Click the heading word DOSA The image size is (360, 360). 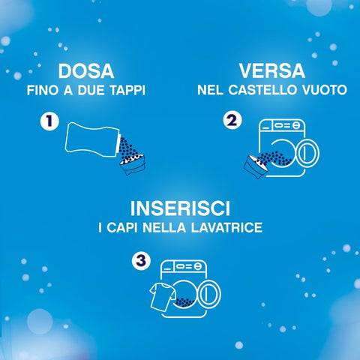(86, 71)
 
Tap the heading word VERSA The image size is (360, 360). (272, 71)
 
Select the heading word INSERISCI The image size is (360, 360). (180, 208)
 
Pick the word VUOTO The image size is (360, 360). (325, 90)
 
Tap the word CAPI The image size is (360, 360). (122, 227)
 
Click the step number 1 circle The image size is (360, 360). (49, 121)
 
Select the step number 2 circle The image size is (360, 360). (232, 121)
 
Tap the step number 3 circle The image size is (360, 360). (141, 261)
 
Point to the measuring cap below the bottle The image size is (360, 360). (133, 164)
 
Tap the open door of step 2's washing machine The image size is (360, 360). (307, 153)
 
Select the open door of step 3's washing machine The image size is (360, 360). (209, 294)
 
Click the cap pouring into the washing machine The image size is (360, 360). (256, 166)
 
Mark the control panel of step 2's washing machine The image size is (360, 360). (282, 124)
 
